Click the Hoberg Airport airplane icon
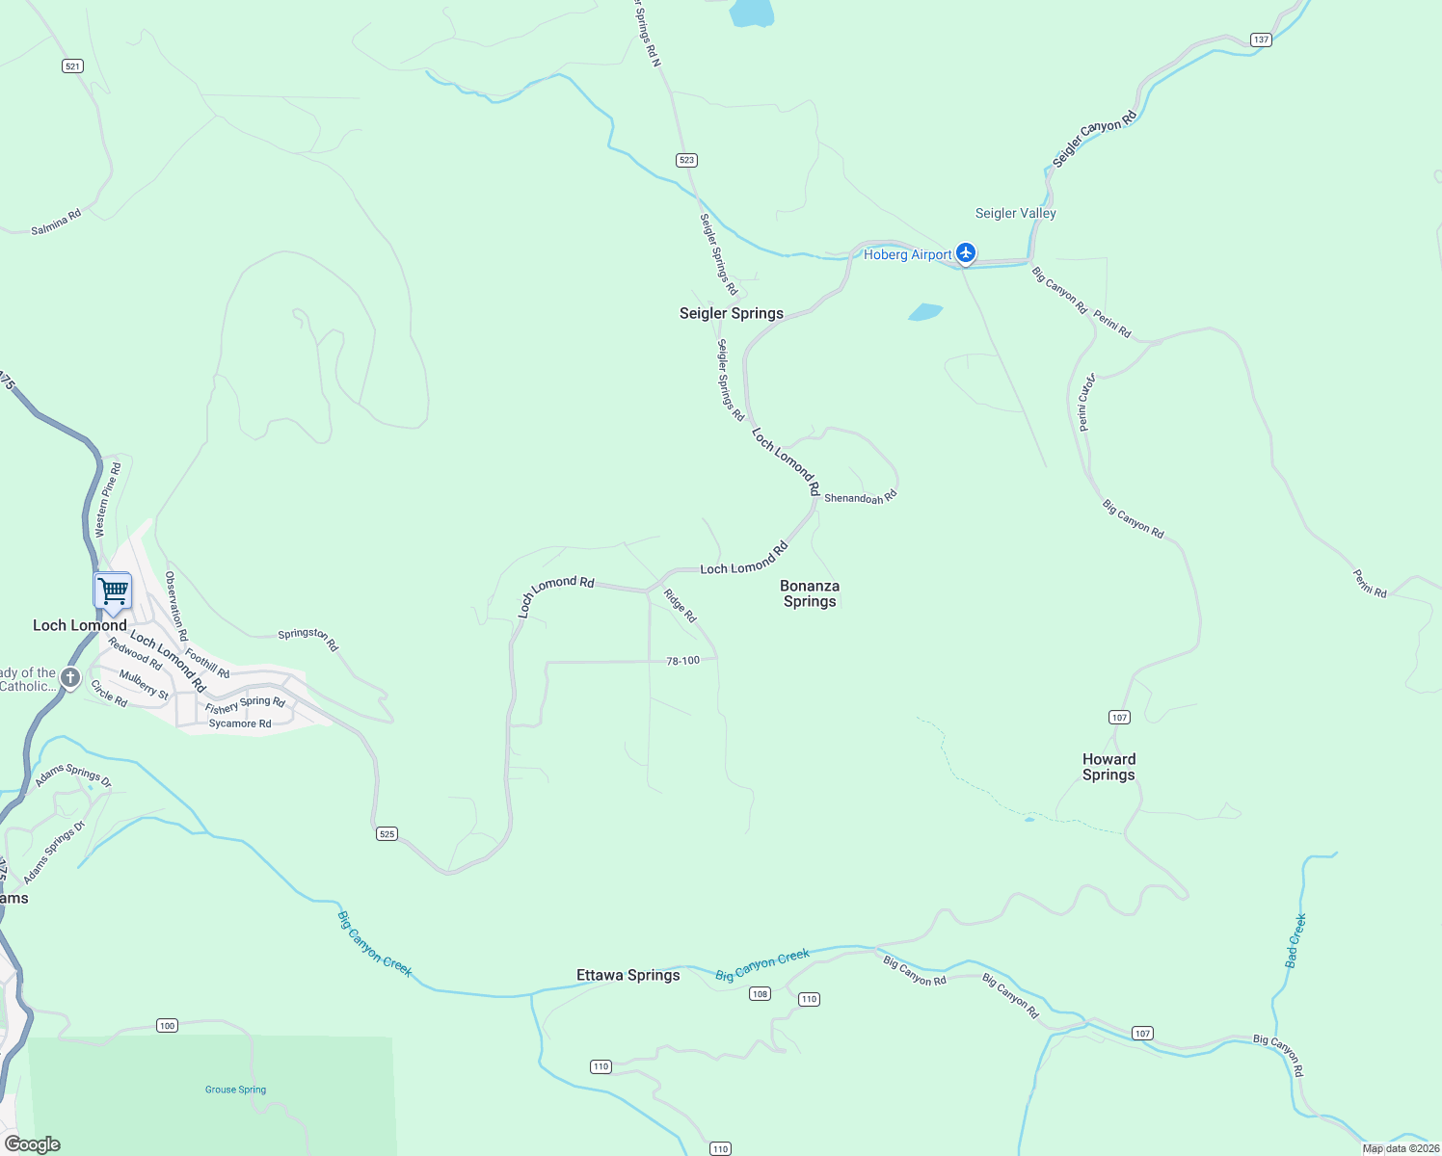click(x=966, y=254)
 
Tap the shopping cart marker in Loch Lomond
click(x=113, y=590)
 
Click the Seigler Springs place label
click(x=732, y=313)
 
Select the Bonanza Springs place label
click(x=810, y=593)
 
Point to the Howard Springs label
click(x=1108, y=767)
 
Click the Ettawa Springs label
click(x=628, y=975)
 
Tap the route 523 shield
click(x=686, y=160)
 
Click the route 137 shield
click(x=1261, y=39)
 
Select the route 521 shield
click(x=72, y=66)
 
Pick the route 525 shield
click(x=387, y=833)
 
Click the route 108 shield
click(x=760, y=993)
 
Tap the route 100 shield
click(x=168, y=1025)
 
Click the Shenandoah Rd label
click(x=861, y=497)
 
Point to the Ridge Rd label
click(x=680, y=606)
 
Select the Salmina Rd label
click(x=56, y=223)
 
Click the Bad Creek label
click(x=1295, y=940)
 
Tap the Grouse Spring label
click(x=235, y=1090)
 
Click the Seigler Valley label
click(x=1016, y=213)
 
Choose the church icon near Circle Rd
click(x=69, y=678)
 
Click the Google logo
click(x=32, y=1144)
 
